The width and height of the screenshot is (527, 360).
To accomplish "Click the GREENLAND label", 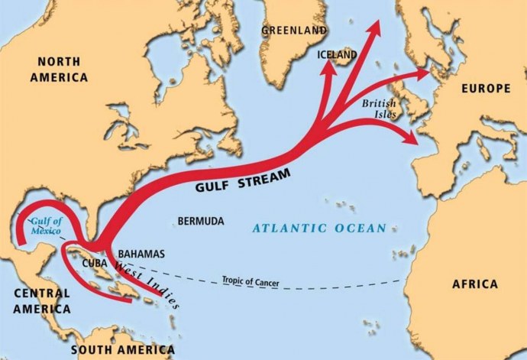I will pyautogui.click(x=294, y=31).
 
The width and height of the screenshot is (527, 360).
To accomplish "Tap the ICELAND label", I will pyautogui.click(x=338, y=56).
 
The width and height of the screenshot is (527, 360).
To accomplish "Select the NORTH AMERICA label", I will pyautogui.click(x=59, y=69).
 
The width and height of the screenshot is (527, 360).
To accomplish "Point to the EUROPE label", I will pyautogui.click(x=486, y=89).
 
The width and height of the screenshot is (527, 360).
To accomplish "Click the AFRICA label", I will pyautogui.click(x=474, y=284).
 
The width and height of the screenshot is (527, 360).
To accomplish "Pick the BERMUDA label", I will pyautogui.click(x=201, y=221).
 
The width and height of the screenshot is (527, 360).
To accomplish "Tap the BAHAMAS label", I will pyautogui.click(x=141, y=254).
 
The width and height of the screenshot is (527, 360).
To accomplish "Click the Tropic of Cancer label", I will pyautogui.click(x=251, y=281).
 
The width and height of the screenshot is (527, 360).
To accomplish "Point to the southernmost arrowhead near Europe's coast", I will pyautogui.click(x=410, y=138).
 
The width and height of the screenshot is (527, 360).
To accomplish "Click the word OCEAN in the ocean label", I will pyautogui.click(x=361, y=228).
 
